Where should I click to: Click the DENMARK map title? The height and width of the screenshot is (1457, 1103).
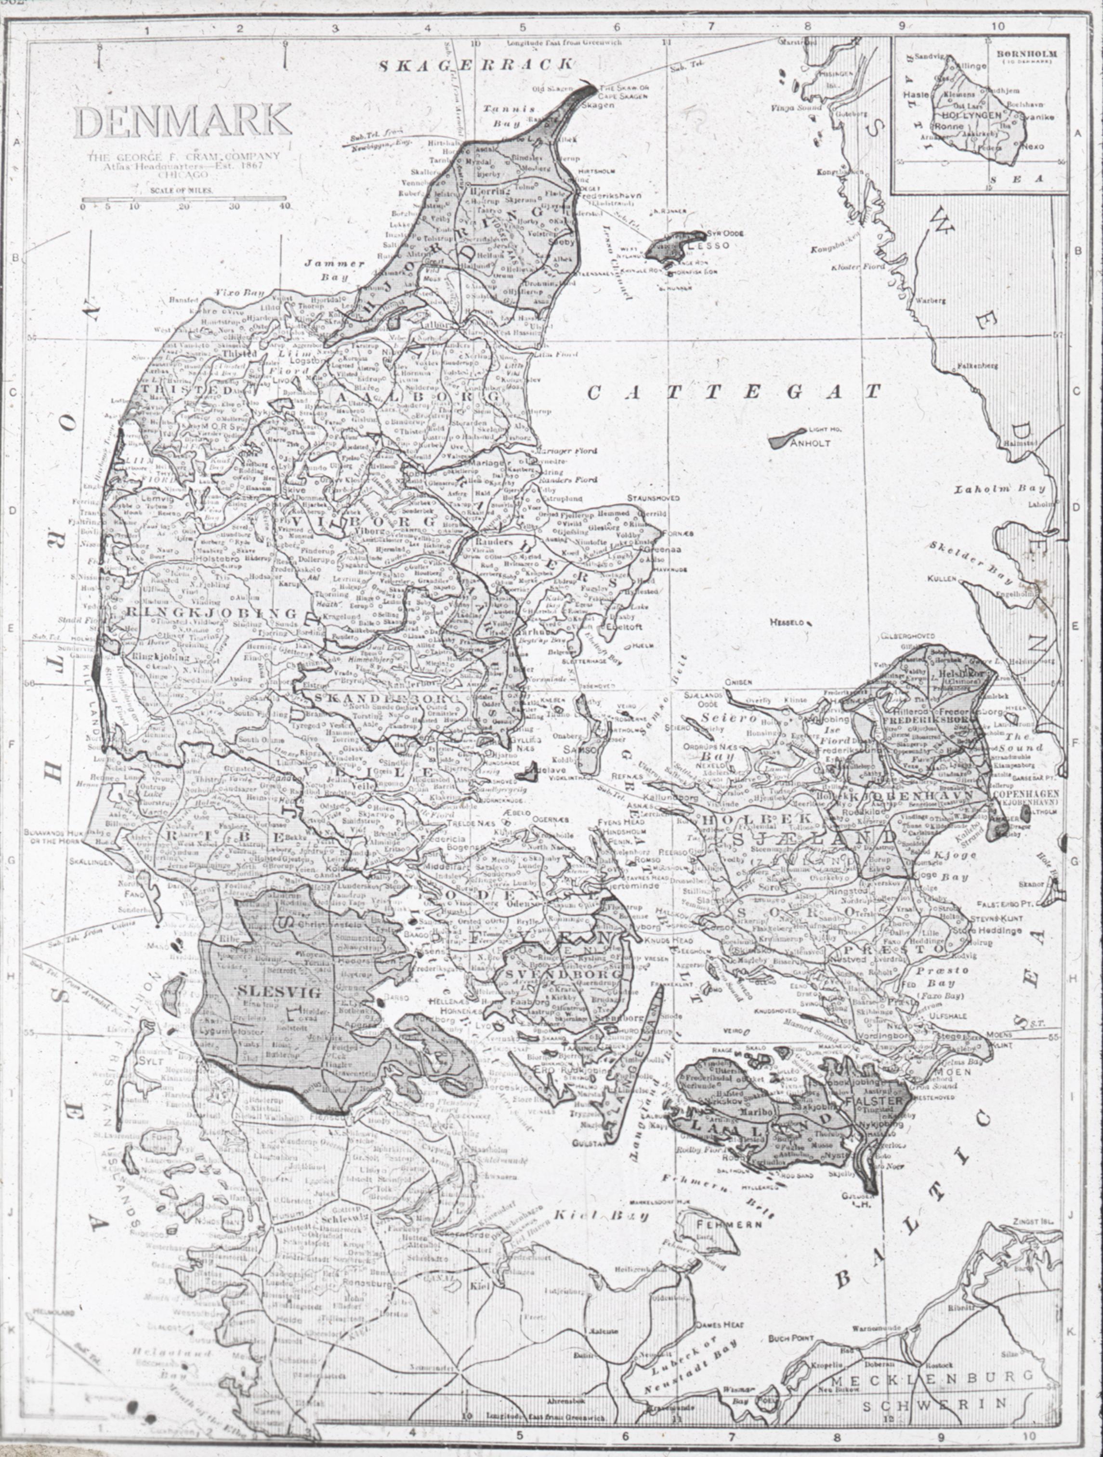183,122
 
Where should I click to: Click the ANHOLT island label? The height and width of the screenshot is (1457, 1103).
813,443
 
